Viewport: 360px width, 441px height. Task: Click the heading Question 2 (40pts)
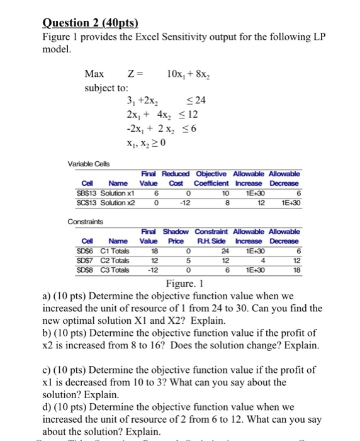tap(89, 24)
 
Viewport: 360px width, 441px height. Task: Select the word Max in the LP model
tap(94, 75)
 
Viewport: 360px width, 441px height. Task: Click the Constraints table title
tap(84, 222)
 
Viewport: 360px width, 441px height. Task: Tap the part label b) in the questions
tap(47, 333)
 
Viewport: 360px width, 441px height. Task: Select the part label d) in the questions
tap(47, 406)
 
